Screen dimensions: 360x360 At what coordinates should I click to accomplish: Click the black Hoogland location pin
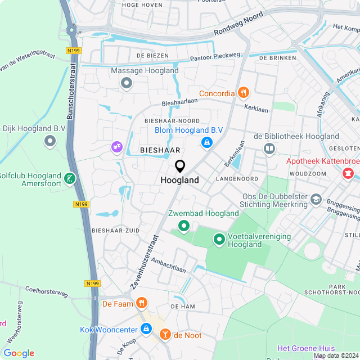[x=180, y=166]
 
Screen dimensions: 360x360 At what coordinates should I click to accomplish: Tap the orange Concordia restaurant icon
[x=243, y=93]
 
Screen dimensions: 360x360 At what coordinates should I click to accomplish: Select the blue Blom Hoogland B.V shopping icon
[x=207, y=143]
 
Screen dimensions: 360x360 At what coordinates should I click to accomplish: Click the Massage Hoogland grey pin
[x=127, y=84]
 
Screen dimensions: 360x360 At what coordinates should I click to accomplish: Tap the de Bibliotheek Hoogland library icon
[x=269, y=148]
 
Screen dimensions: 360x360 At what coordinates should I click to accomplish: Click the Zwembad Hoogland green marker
[x=183, y=226]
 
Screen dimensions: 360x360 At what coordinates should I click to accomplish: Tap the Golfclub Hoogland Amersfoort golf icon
[x=69, y=179]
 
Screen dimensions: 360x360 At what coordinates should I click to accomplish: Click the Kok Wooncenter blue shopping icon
[x=146, y=328]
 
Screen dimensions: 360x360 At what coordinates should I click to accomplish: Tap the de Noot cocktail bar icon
[x=165, y=335]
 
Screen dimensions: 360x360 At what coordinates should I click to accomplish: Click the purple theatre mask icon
[x=116, y=147]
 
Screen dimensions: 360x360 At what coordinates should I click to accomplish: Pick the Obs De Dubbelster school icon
[x=316, y=200]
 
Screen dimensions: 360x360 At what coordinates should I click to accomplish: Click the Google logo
[x=19, y=353]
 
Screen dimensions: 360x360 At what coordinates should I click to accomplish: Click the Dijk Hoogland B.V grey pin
[x=50, y=141]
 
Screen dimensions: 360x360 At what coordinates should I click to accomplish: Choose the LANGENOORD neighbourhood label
[x=237, y=179]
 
